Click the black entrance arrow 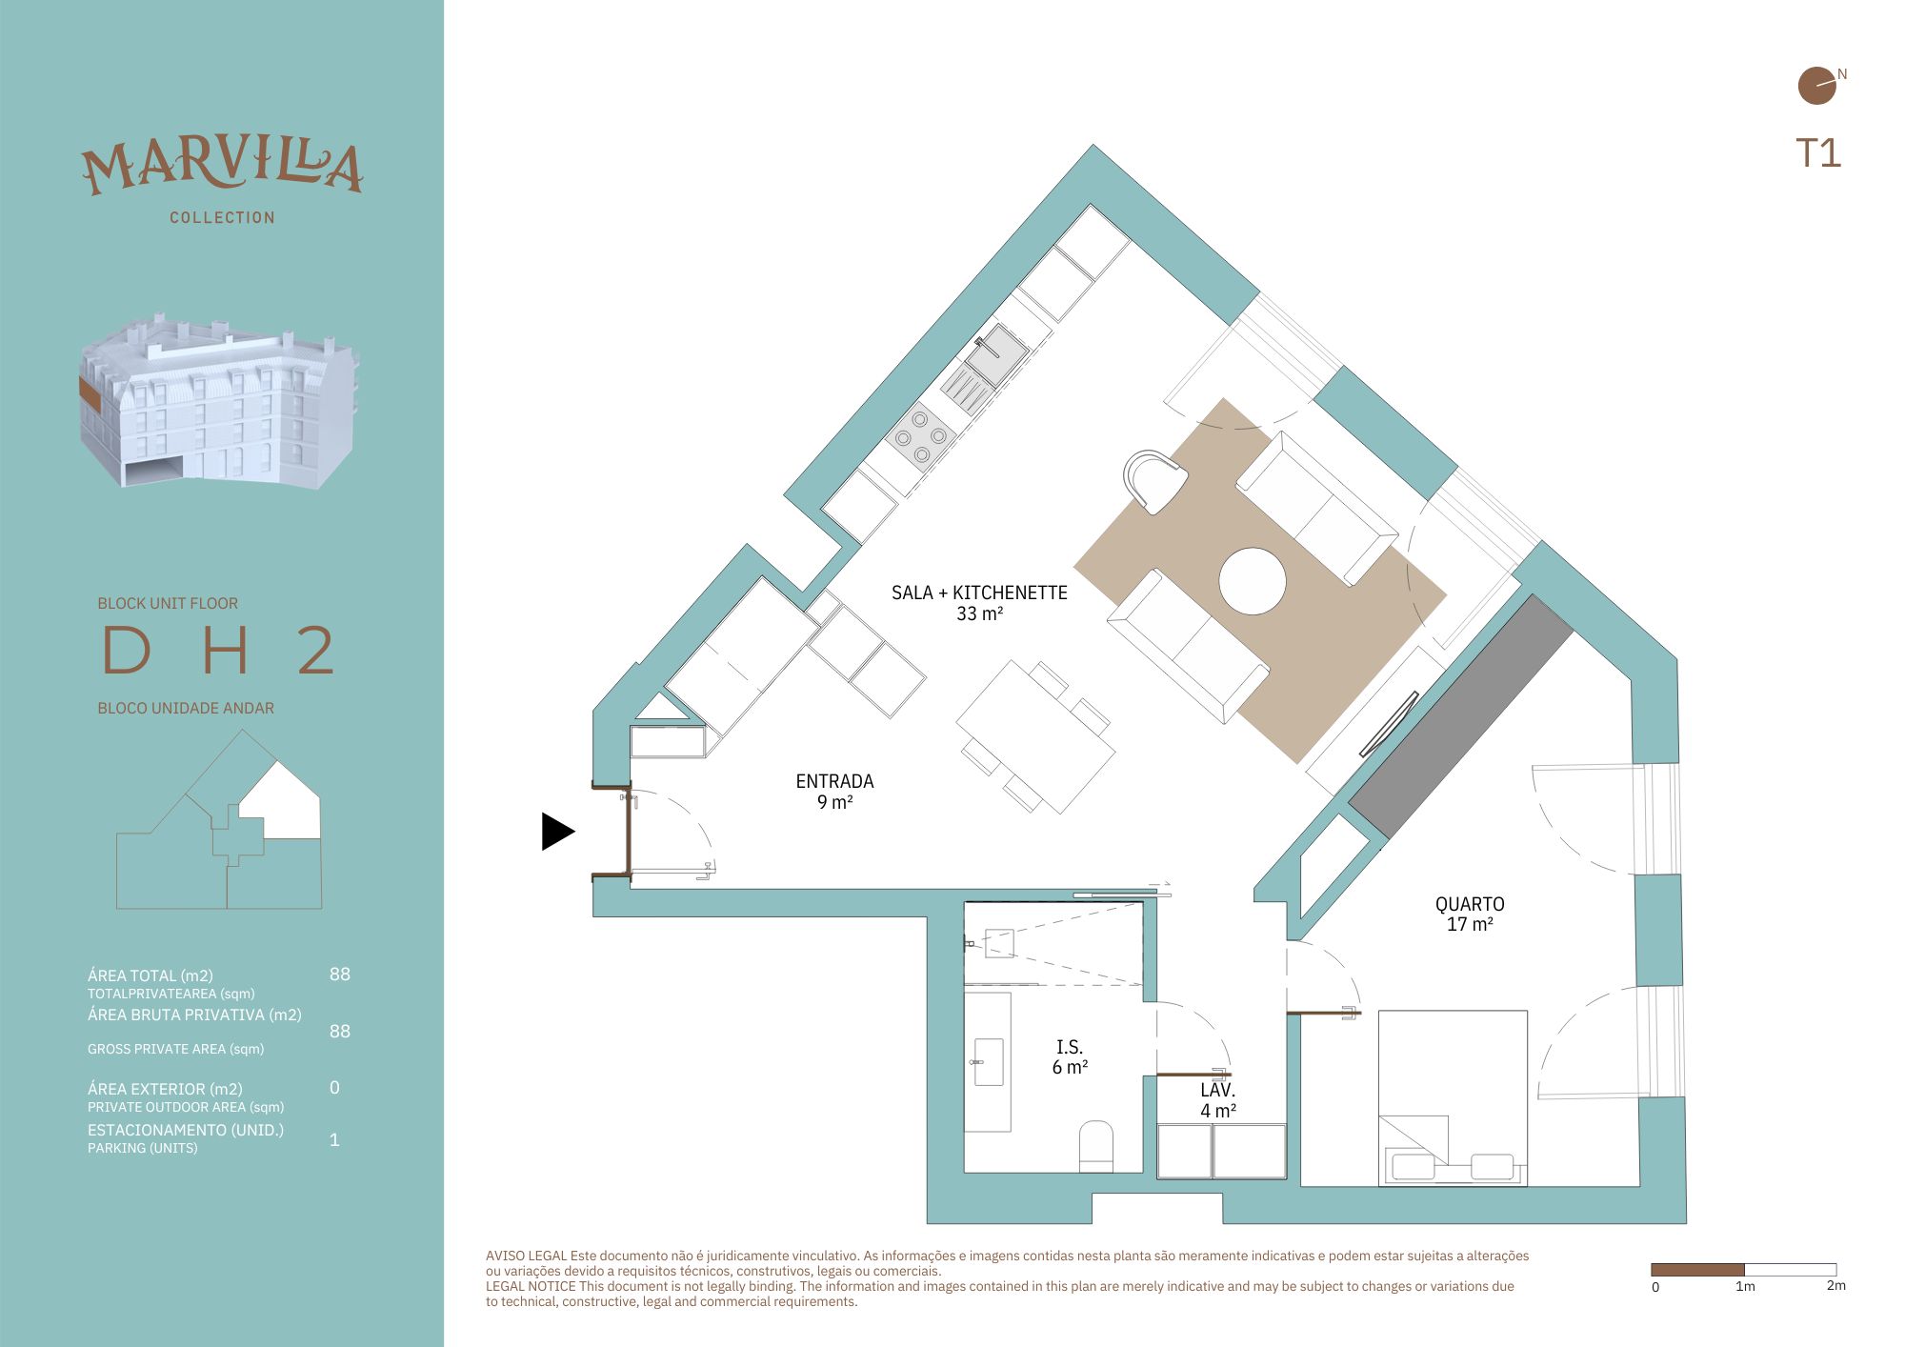(557, 832)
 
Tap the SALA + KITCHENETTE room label (979, 603)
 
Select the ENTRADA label (834, 792)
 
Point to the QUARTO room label (1470, 914)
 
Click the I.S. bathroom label (1070, 1056)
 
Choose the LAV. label (1218, 1100)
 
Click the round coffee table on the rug (1253, 581)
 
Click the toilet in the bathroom (1096, 1145)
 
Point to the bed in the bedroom (1453, 1098)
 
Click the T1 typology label (1818, 153)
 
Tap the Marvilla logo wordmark (222, 168)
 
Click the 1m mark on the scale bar (1745, 1286)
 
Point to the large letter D (127, 651)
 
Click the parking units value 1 (334, 1139)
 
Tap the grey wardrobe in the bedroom (1461, 716)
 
